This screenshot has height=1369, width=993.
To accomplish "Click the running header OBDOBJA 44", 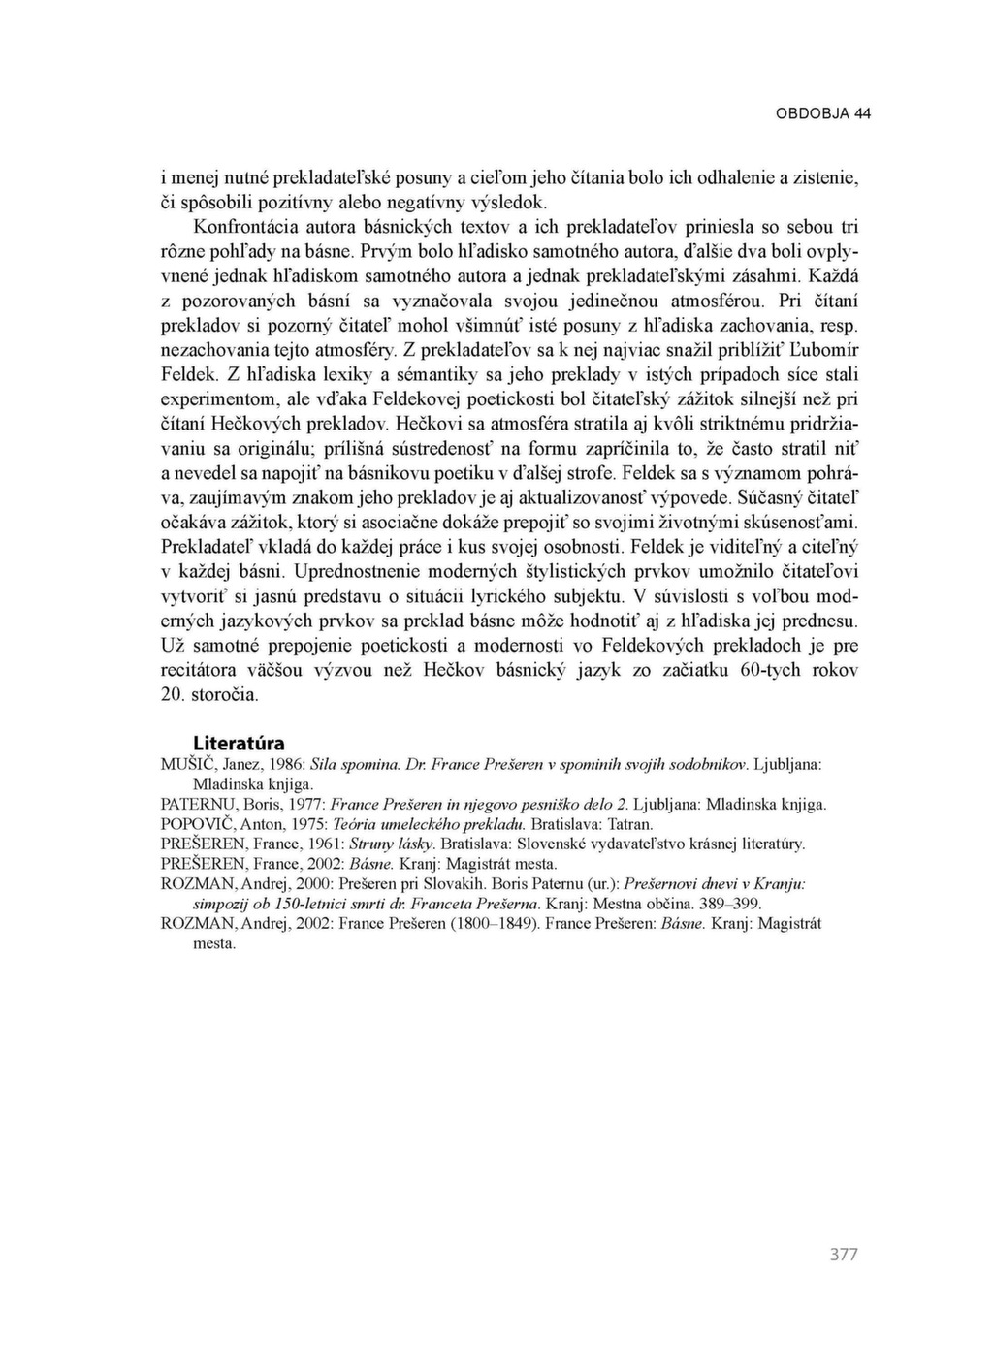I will point(823,113).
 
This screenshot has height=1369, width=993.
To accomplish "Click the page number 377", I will point(844,1255).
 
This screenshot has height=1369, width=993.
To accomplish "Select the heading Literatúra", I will point(239,744).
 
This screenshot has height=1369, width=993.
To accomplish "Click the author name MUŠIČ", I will point(183,764).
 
